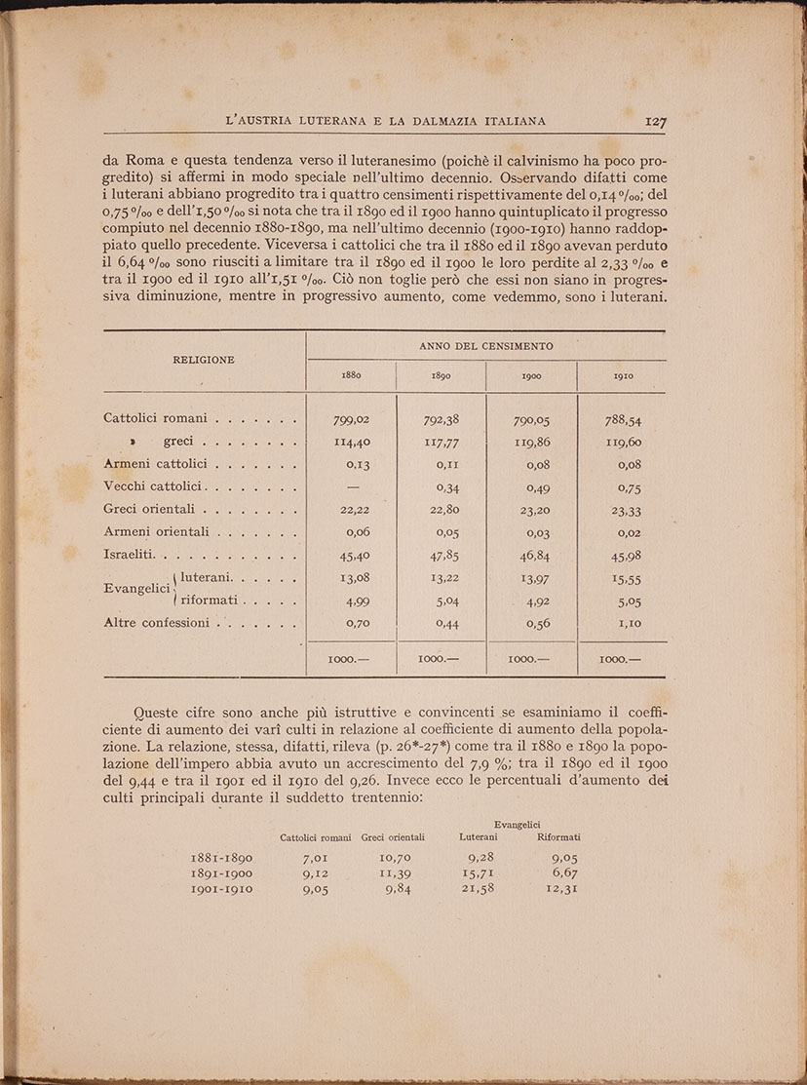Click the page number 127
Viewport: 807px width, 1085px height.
(654, 122)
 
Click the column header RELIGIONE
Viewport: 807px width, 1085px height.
(204, 359)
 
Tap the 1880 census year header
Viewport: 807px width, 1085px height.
(351, 375)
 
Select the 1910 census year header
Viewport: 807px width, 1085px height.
(623, 376)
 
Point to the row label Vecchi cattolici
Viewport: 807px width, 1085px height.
(151, 485)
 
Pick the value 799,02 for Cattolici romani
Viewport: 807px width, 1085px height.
(351, 420)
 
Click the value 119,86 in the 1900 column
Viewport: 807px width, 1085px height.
(531, 443)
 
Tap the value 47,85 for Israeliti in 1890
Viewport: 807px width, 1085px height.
(442, 557)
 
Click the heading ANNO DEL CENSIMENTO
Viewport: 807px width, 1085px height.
(486, 346)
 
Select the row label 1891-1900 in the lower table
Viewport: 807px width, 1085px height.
(221, 873)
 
